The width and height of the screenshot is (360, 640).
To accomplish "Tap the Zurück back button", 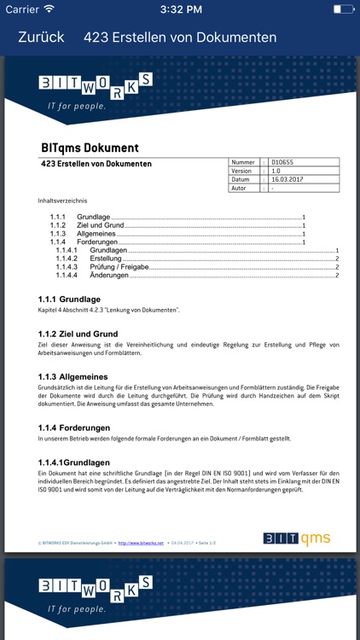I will (x=41, y=38).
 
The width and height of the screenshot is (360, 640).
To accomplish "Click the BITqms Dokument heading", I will (x=90, y=148).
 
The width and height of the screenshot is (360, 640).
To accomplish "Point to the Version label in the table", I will (x=241, y=171).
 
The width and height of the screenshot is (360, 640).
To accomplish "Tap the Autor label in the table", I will (x=240, y=189).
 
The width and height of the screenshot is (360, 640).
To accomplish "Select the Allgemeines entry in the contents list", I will (x=96, y=234).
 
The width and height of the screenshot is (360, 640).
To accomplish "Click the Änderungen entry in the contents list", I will (x=108, y=276).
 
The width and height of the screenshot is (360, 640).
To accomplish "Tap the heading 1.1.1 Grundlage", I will (x=69, y=300).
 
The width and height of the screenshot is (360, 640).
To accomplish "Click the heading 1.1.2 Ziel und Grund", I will (x=78, y=334).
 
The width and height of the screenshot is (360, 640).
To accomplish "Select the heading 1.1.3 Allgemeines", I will (x=73, y=376).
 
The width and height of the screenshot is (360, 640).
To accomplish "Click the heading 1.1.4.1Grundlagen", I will (x=74, y=462).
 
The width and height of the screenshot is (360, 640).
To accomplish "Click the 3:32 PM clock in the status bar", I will (x=180, y=9).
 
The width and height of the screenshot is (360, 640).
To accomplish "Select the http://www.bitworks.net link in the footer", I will (x=140, y=541).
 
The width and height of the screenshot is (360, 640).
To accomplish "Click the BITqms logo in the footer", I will (x=296, y=538).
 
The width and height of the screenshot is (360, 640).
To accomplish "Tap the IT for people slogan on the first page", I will (x=77, y=107).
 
